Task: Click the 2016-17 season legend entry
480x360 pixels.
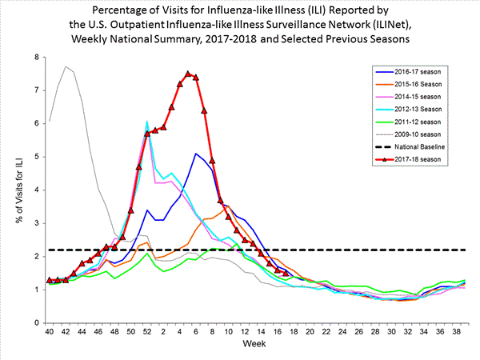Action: coord(408,71)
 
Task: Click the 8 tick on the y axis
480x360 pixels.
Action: coord(36,58)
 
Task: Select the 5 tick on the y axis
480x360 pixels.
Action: coord(36,157)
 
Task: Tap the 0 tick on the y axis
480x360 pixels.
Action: coord(36,322)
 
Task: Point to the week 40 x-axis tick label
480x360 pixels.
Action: coord(50,330)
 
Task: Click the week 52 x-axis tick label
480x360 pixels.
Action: coord(147,330)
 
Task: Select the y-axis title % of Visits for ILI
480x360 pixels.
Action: coord(15,190)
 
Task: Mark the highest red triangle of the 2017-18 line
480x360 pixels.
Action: coord(188,74)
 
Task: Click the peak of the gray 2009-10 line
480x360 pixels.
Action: coord(66,66)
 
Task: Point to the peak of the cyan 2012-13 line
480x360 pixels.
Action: coord(147,122)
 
